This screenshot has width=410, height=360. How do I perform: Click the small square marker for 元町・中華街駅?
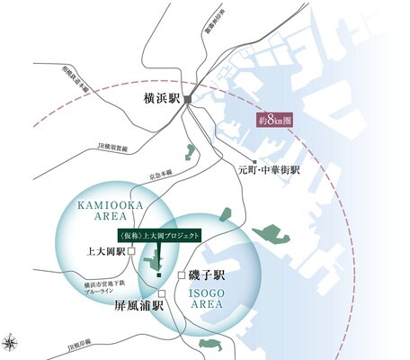(x=254, y=162)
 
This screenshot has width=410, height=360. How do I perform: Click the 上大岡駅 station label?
(x=104, y=253)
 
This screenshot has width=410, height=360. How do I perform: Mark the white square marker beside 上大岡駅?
(x=132, y=254)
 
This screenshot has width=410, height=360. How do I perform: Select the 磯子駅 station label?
(x=212, y=274)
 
